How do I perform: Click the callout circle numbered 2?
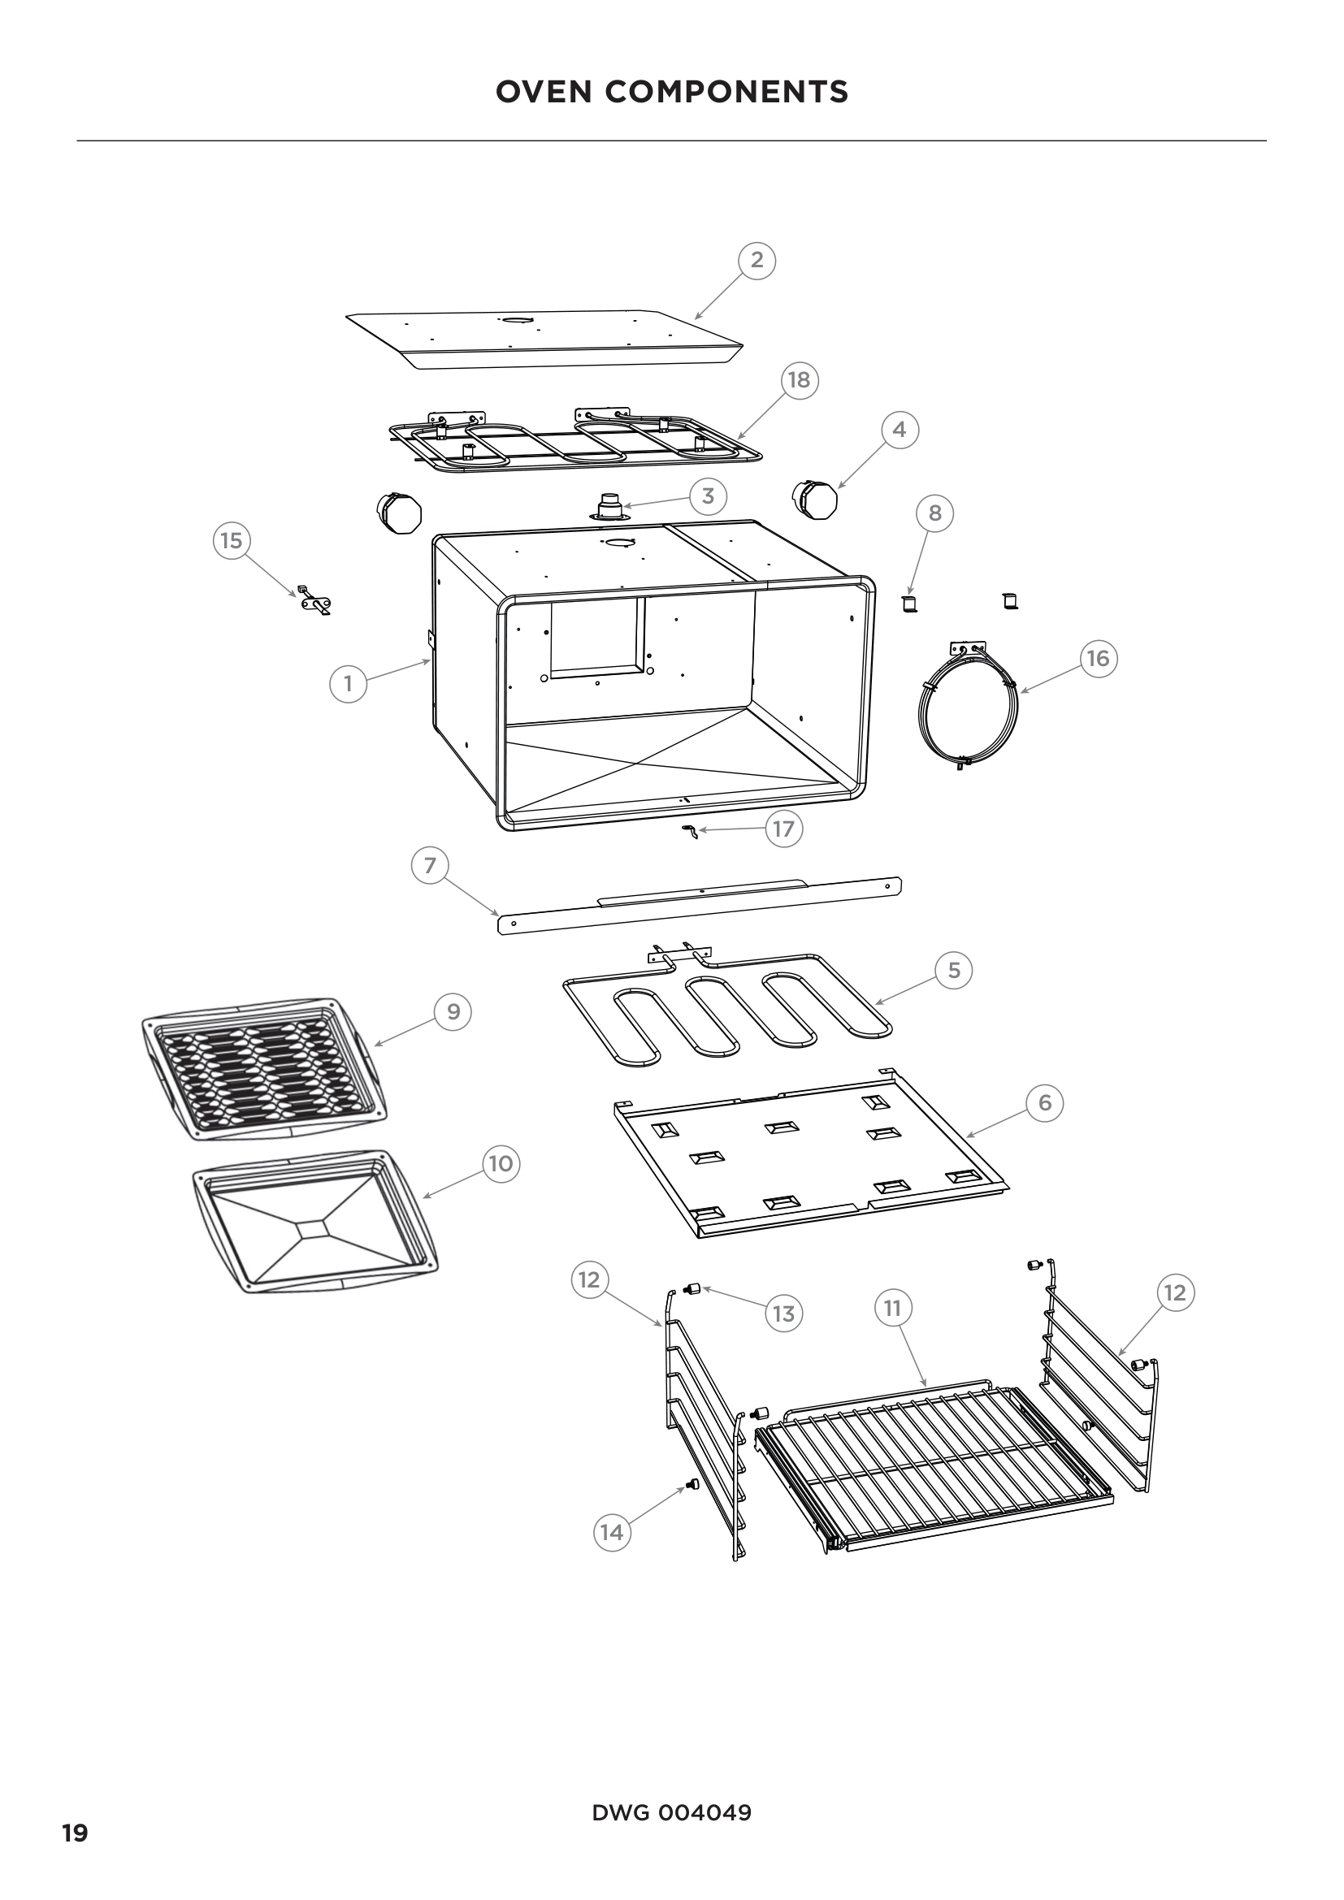click(x=757, y=260)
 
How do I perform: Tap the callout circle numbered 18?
click(x=799, y=380)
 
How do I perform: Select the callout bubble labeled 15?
click(x=231, y=540)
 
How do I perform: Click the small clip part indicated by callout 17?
click(x=689, y=830)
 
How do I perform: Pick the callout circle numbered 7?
click(x=430, y=866)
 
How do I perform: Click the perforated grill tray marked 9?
click(x=263, y=1068)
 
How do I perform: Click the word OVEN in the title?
click(x=544, y=92)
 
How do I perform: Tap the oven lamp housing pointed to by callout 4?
click(x=815, y=500)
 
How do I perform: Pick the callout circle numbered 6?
click(x=1044, y=1102)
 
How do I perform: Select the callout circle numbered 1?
click(x=348, y=683)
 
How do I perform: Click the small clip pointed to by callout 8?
click(x=909, y=604)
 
